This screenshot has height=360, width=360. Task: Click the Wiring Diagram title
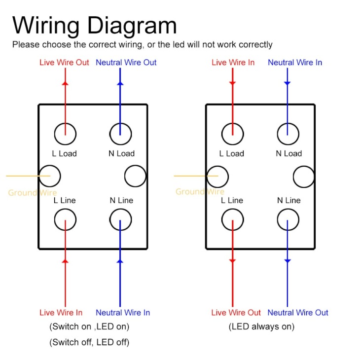[94, 26]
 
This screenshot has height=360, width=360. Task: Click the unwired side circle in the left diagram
[125, 176]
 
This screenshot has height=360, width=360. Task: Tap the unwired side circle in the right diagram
[293, 177]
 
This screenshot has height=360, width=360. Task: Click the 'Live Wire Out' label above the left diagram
[64, 63]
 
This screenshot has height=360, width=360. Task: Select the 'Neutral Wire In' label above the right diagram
[295, 63]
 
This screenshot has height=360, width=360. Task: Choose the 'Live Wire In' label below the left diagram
[61, 313]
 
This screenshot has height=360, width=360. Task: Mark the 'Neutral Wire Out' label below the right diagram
[298, 313]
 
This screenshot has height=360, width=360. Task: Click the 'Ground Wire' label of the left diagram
[33, 193]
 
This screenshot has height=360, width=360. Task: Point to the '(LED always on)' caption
[261, 326]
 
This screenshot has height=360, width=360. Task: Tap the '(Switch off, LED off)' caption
[89, 342]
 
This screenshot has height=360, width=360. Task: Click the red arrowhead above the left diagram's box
[65, 83]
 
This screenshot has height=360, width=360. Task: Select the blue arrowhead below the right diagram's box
[288, 261]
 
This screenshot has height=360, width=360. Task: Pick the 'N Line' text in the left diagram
[121, 200]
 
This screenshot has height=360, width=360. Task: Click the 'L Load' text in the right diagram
[232, 153]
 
